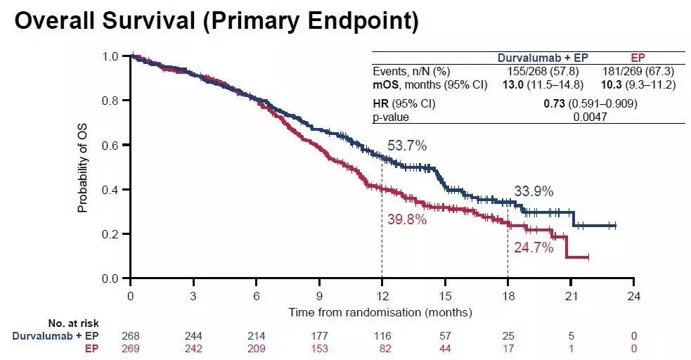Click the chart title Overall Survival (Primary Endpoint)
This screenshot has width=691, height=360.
coord(217,22)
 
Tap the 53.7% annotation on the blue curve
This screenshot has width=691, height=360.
coord(407,146)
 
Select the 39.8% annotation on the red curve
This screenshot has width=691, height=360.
coord(407,219)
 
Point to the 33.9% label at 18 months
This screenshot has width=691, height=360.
coord(534,191)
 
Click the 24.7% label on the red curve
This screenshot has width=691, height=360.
coord(534,247)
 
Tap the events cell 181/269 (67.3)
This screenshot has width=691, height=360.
coord(638,71)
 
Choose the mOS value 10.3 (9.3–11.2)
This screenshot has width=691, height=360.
coord(638,84)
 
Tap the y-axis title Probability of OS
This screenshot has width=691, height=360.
coord(83,167)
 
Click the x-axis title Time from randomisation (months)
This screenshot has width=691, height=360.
coord(380,311)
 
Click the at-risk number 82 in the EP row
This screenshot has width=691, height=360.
coord(382,347)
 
